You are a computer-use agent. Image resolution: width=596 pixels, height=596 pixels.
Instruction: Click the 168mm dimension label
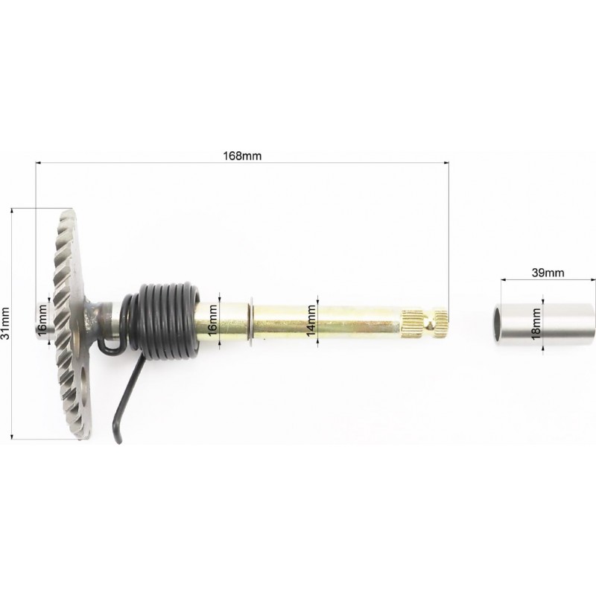[x=242, y=156]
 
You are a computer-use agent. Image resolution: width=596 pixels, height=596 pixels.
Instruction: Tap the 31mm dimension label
[x=5, y=323]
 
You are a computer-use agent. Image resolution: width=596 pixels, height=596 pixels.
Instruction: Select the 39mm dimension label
[x=548, y=273]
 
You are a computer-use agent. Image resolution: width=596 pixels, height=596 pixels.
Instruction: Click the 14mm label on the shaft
[x=311, y=321]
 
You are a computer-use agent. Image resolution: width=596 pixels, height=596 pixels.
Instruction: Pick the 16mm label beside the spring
[x=212, y=320]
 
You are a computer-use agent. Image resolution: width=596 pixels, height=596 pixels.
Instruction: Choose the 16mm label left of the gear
[x=42, y=320]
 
